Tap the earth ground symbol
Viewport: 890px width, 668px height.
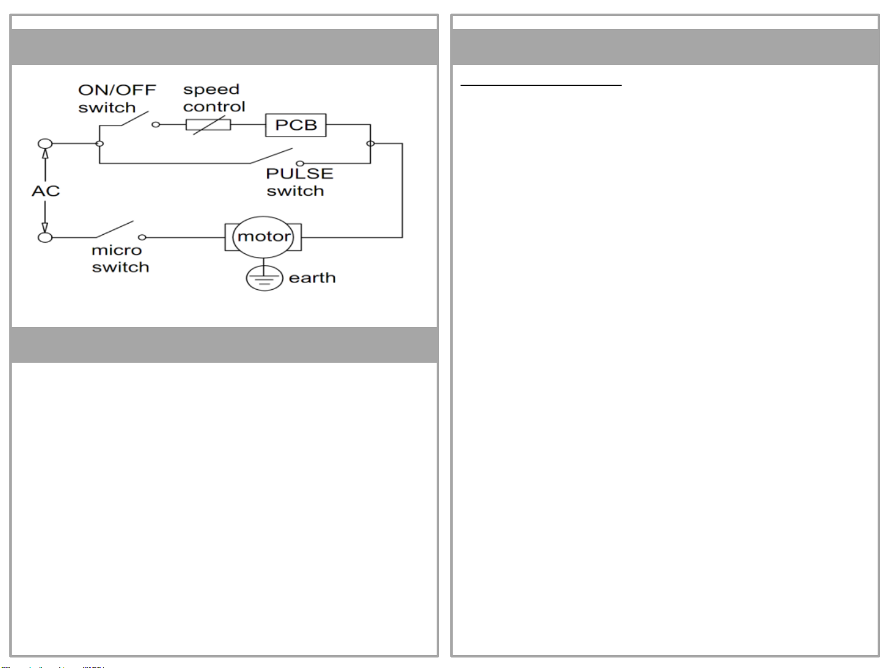264,278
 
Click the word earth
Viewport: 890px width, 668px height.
312,278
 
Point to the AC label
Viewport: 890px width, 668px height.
46,191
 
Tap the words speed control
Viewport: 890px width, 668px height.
214,98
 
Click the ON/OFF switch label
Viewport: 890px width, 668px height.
117,98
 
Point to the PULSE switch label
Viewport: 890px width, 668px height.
300,182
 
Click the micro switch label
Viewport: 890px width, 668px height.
120,258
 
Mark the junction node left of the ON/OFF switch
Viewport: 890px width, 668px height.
99,143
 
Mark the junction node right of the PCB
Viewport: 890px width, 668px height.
370,143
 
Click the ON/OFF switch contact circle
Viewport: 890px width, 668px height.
156,125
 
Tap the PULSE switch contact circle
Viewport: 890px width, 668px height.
300,164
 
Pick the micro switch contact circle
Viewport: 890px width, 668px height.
142,237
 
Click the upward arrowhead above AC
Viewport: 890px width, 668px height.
45,154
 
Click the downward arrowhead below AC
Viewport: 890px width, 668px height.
45,227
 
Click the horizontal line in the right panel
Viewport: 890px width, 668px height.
541,85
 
